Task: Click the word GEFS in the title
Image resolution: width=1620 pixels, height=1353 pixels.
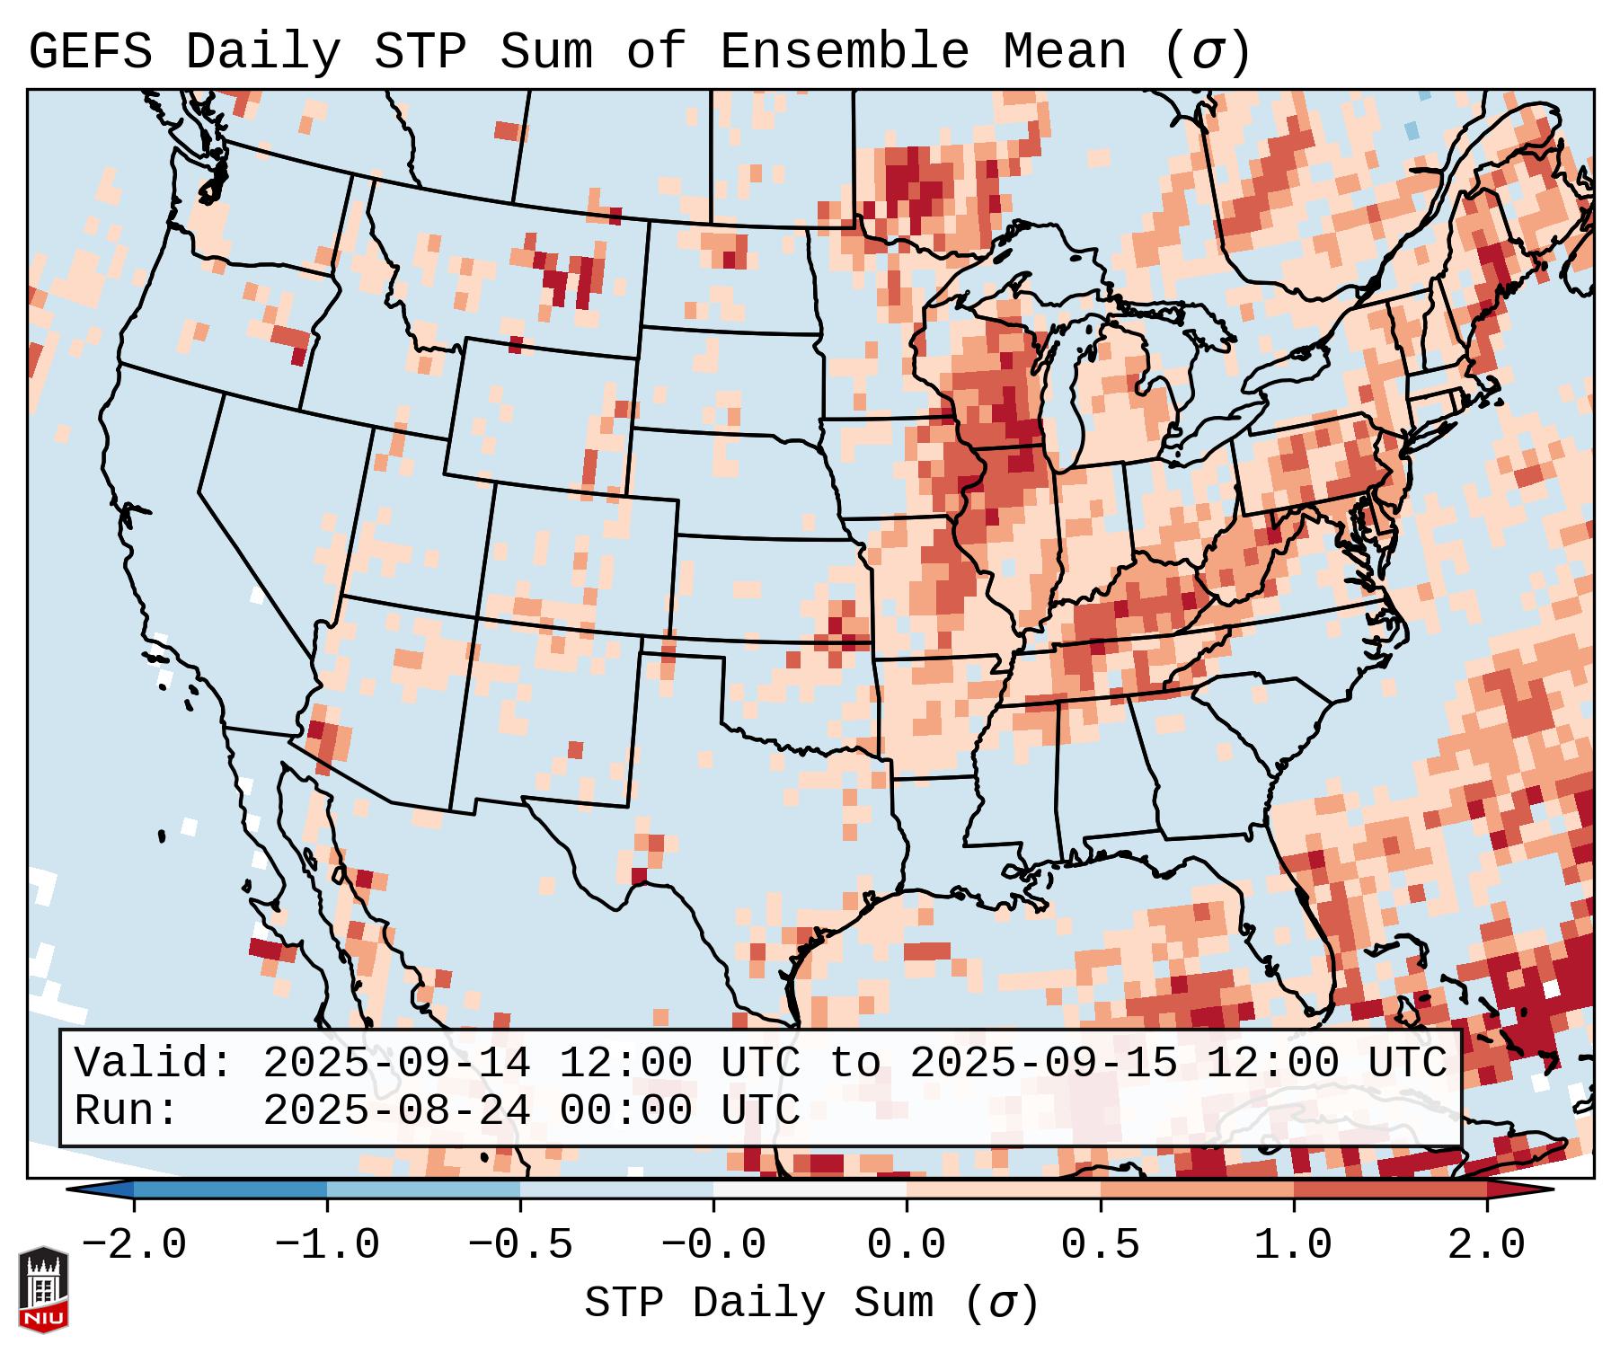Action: [x=90, y=52]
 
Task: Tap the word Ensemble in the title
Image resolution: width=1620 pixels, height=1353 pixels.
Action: [x=844, y=52]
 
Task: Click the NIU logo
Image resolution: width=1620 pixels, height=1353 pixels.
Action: [x=43, y=1288]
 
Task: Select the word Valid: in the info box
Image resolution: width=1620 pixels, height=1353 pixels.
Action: [x=154, y=1064]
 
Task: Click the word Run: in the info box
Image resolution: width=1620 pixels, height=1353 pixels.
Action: [x=127, y=1111]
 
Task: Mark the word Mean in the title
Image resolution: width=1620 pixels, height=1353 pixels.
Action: [x=1064, y=52]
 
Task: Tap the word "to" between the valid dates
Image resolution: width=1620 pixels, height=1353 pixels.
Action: [x=854, y=1064]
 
